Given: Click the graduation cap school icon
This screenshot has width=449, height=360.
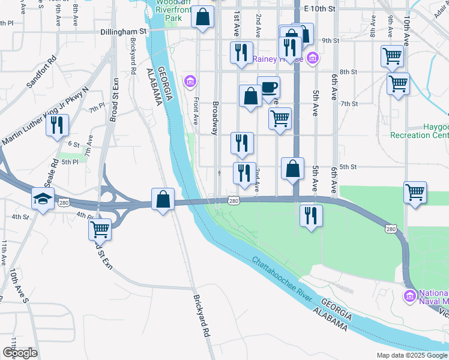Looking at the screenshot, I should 43,198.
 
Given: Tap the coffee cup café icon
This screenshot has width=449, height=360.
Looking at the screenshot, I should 268,87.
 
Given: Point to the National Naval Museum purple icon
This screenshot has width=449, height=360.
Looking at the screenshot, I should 410,296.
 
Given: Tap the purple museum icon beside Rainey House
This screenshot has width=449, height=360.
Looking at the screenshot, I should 312,58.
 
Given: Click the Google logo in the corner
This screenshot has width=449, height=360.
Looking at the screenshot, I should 19,353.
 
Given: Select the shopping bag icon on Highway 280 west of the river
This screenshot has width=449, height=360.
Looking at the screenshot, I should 163,199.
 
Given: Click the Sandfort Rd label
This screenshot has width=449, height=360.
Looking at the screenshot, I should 41,73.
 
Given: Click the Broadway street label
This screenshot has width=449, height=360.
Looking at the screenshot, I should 215,118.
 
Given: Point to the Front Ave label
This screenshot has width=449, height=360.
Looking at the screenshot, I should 195,112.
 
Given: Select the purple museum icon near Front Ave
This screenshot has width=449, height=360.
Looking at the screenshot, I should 191,81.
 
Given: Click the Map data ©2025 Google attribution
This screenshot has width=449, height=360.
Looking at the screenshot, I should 411,355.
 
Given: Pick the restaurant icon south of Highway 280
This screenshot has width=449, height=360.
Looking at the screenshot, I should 310,215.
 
